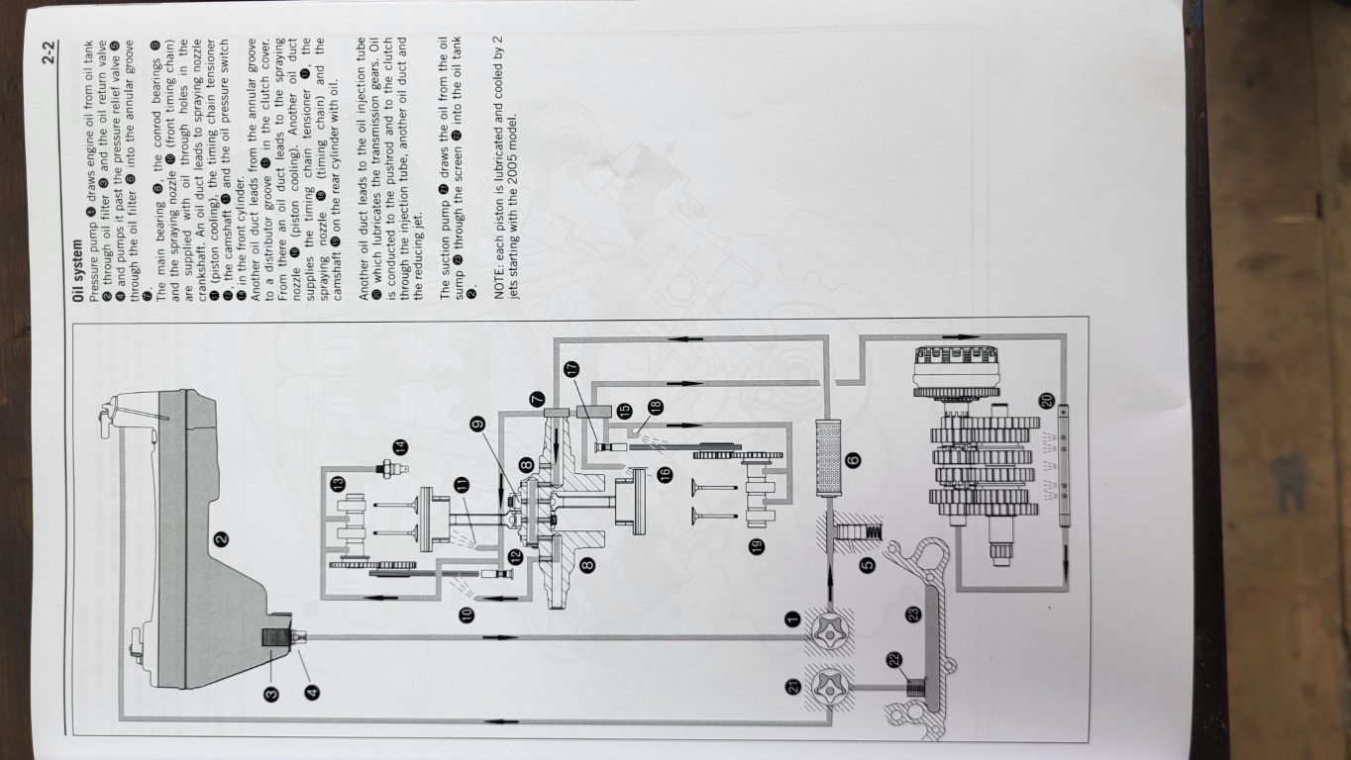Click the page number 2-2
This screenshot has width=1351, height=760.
click(x=49, y=51)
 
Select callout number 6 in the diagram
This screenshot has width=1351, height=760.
click(x=853, y=460)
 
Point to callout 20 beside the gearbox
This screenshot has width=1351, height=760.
click(x=1046, y=400)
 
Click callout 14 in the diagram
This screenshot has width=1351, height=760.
click(x=400, y=447)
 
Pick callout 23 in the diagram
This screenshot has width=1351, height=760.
click(x=913, y=615)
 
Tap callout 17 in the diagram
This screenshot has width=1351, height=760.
click(x=572, y=368)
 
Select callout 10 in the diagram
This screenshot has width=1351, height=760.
click(x=467, y=615)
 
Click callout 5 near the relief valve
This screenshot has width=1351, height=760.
click(x=867, y=565)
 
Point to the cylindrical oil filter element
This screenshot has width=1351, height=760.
click(x=827, y=458)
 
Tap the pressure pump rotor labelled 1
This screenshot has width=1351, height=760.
click(x=830, y=634)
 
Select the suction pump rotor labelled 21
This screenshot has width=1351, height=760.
click(x=830, y=687)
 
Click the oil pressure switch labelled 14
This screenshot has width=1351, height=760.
click(x=392, y=468)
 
